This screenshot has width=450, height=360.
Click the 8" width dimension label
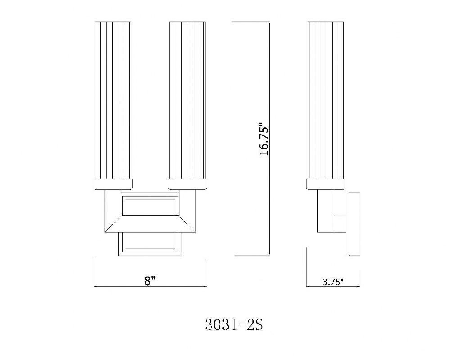(x=150, y=280)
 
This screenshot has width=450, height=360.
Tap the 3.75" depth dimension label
(x=333, y=282)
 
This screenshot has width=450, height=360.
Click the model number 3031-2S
(x=234, y=325)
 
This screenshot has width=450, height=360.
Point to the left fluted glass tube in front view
(x=113, y=100)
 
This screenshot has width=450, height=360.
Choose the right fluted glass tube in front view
(x=187, y=100)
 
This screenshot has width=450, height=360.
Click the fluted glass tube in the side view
(x=325, y=100)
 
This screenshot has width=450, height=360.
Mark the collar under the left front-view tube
(x=113, y=184)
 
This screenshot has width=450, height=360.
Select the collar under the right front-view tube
(x=188, y=184)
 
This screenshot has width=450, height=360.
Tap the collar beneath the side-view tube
(x=326, y=184)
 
